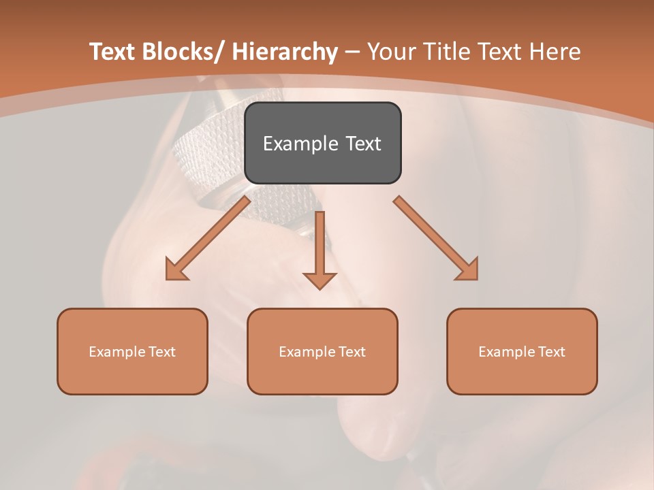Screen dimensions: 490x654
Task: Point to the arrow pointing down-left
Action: click(x=208, y=238)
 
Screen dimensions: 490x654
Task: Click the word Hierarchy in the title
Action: click(x=285, y=52)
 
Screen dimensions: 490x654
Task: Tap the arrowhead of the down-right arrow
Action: click(x=467, y=269)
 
